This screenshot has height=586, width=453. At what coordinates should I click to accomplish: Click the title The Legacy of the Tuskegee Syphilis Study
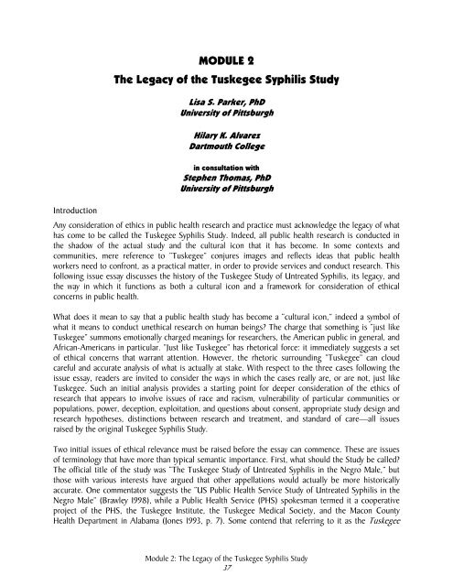pyautogui.click(x=226, y=81)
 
